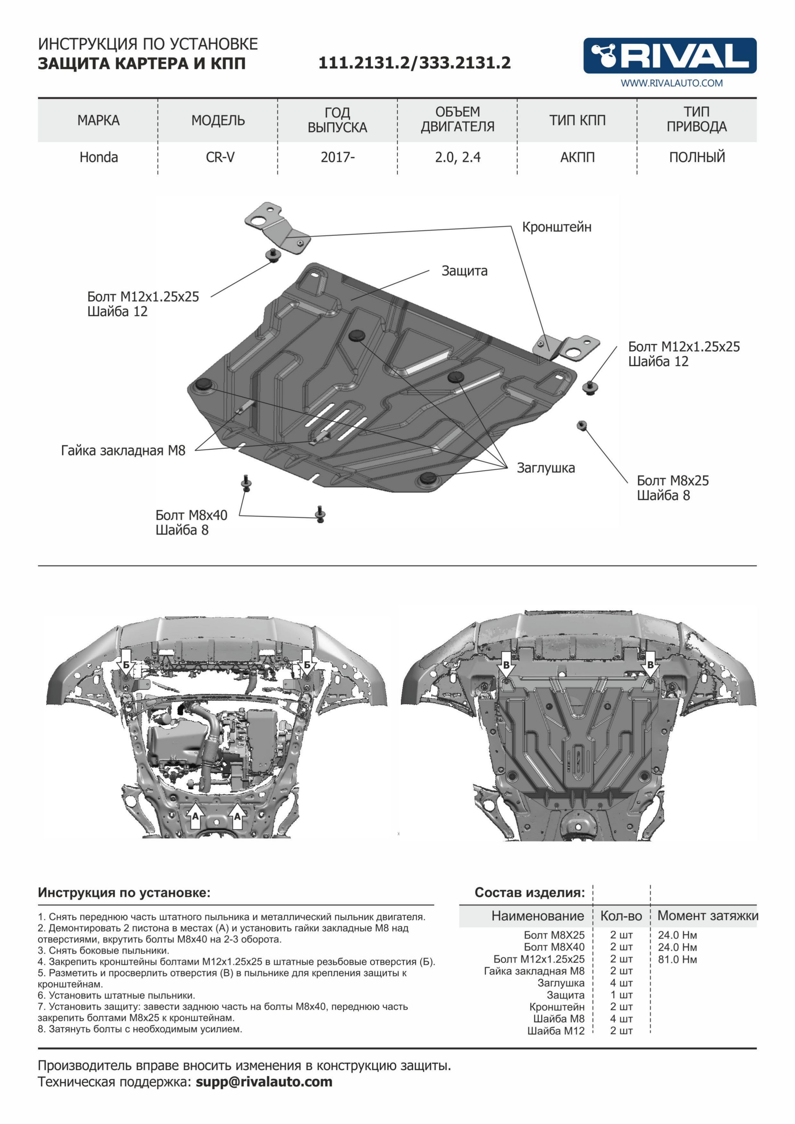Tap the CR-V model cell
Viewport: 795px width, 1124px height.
pos(220,158)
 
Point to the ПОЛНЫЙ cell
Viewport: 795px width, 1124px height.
pos(697,158)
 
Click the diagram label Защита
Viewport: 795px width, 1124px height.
pos(464,271)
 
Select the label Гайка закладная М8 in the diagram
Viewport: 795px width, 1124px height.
pos(123,450)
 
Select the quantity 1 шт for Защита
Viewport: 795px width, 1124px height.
pos(621,995)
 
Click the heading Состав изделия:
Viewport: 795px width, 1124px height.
pos(529,893)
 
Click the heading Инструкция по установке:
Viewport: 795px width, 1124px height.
pos(124,893)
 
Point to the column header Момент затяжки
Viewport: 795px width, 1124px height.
pos(707,915)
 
